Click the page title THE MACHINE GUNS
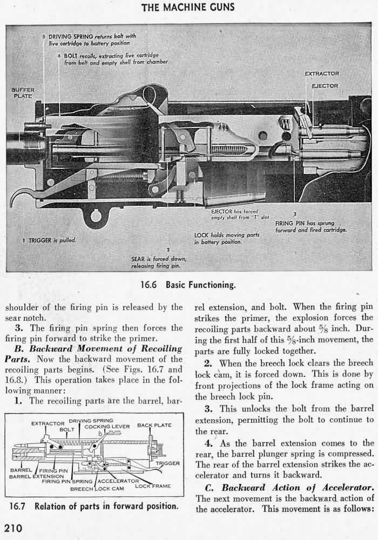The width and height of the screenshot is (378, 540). point(188,7)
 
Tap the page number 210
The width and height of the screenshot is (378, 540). point(13,529)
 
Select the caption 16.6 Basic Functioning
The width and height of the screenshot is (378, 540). point(188,285)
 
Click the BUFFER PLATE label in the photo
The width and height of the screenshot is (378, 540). point(23,93)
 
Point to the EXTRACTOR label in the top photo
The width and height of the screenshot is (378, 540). point(322,73)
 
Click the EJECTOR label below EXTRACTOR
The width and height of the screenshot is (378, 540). point(325,86)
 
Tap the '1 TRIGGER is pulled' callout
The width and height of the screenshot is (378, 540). point(49,240)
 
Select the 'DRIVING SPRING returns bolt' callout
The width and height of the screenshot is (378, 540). point(89,39)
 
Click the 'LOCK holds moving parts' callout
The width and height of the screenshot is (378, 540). point(227,238)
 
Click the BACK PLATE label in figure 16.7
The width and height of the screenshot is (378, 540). point(154,426)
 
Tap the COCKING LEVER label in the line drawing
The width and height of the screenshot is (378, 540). point(107,427)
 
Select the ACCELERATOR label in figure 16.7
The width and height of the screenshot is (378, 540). point(118,481)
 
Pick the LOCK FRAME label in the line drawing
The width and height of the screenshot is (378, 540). point(152,486)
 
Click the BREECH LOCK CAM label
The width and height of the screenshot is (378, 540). point(97,489)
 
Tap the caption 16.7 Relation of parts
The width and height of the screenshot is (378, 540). point(94,507)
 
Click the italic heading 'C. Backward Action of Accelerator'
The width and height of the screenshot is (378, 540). point(289,488)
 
